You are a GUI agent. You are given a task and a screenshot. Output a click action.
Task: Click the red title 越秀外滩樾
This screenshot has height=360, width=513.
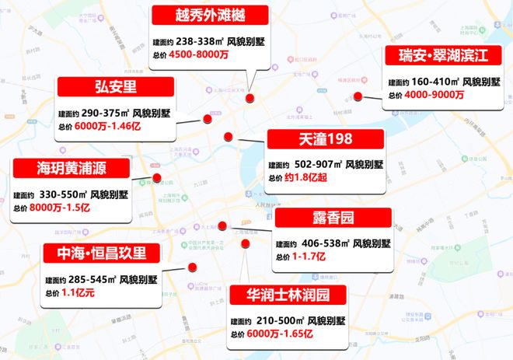point(210,15)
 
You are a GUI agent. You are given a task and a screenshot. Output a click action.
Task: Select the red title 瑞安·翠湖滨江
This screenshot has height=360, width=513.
point(441,57)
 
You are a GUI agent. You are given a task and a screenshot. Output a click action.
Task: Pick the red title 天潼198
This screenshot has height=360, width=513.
point(325,139)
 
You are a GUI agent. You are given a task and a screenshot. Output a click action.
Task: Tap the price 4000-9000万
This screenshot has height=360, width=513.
point(434,95)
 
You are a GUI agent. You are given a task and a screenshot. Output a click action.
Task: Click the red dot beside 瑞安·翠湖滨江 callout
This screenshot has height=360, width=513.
point(358,96)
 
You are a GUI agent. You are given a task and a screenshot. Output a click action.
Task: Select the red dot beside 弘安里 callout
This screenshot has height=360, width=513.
point(207,119)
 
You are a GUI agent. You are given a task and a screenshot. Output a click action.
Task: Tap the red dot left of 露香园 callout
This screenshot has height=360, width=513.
point(222,226)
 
